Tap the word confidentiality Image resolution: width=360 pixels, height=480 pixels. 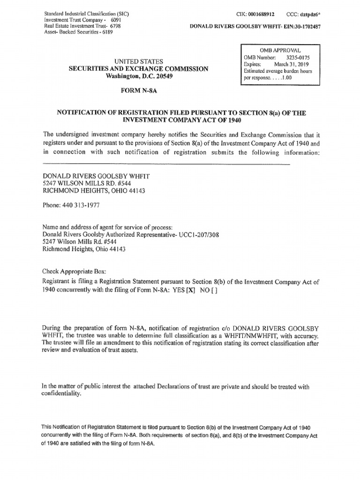point(61,394)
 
